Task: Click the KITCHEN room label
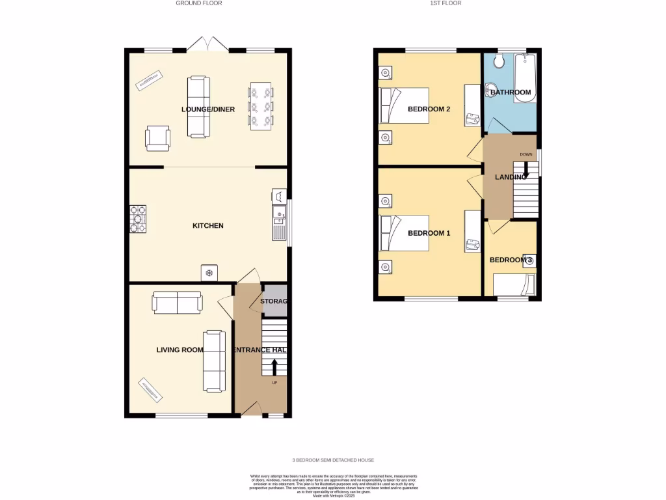207,226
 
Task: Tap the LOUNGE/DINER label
207,109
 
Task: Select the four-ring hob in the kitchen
137,219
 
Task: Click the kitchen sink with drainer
279,221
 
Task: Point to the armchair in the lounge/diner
158,138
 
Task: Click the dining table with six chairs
261,106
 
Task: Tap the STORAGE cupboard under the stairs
273,301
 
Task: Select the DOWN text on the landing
526,154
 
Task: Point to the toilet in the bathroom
499,61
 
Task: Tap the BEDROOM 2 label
429,109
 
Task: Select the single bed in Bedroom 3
513,285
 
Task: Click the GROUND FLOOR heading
199,3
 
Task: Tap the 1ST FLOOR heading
446,3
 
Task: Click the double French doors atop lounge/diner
207,44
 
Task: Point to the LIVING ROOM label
180,350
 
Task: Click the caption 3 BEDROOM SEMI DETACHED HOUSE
332,460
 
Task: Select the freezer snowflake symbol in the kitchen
209,273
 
